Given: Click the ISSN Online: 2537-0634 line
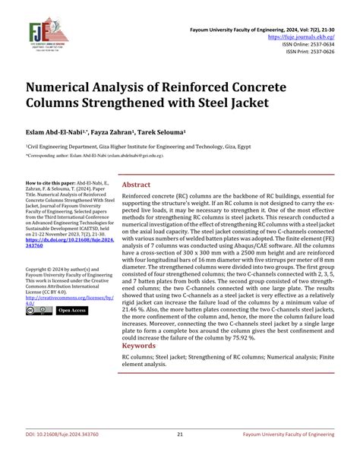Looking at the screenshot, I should pyautogui.click(x=307, y=44).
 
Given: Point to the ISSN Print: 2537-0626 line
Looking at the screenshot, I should pyautogui.click(x=308, y=53).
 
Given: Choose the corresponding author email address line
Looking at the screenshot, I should pyautogui.click(x=95, y=155).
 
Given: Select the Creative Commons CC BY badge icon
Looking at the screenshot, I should pyautogui.click(x=37, y=311).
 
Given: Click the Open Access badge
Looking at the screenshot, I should pyautogui.click(x=72, y=311).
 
